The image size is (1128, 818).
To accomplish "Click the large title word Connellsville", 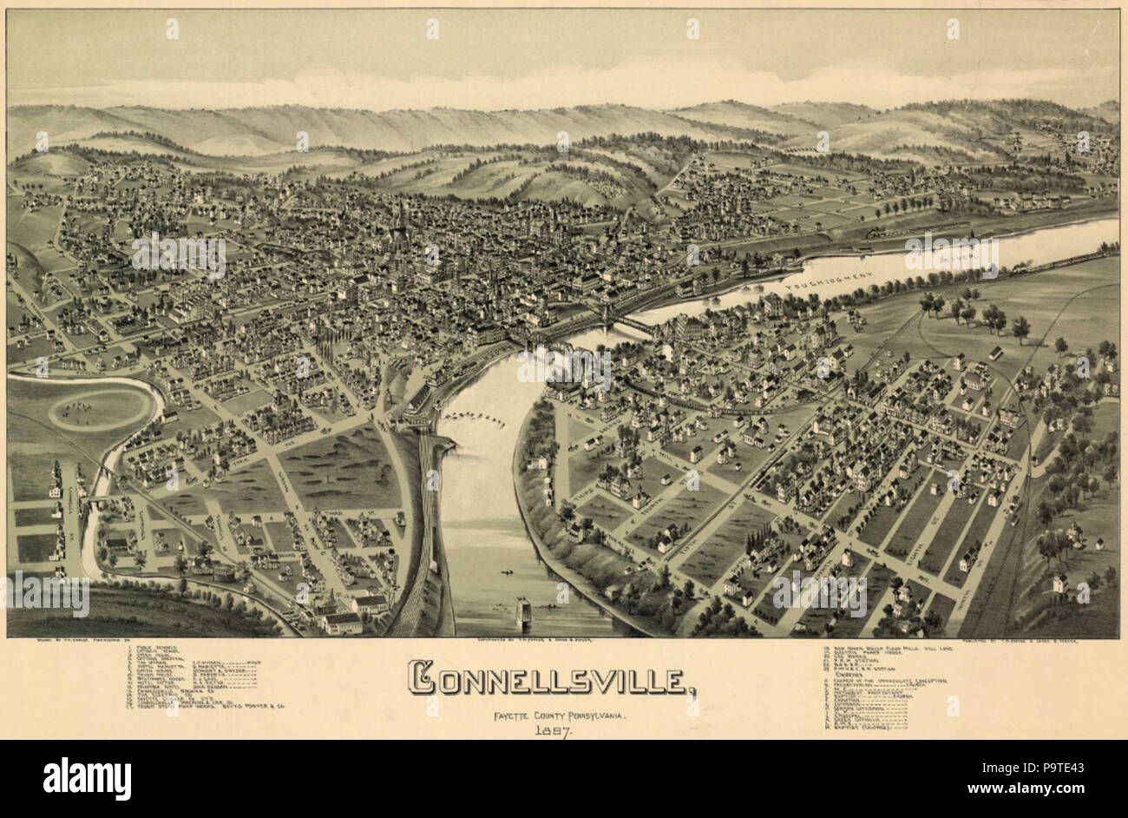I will click(553, 680).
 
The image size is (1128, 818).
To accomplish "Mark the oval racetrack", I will click(102, 408).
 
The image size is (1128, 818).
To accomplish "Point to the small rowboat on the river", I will click(504, 573).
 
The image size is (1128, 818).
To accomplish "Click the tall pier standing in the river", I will click(524, 613).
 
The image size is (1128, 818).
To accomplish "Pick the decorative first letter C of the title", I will click(423, 680).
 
